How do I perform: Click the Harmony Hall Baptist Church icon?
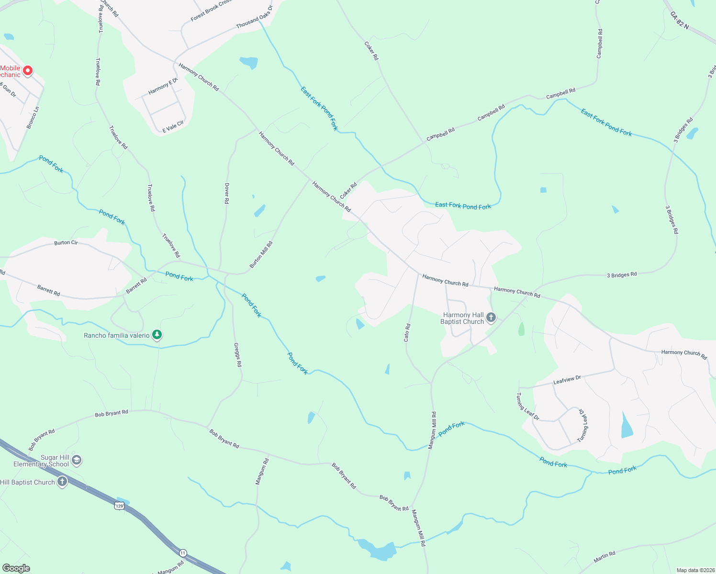tap(491, 317)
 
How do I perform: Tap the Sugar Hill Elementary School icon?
tap(77, 460)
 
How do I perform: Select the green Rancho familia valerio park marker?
tap(157, 335)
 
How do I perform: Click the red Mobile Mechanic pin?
tap(28, 71)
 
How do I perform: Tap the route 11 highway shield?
tap(183, 552)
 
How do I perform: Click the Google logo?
tap(15, 568)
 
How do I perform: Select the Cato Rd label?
tap(407, 332)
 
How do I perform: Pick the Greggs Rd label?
tap(237, 354)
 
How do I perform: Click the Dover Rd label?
tap(227, 193)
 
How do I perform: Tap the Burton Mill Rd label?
tap(261, 254)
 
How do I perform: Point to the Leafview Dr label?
tap(567, 380)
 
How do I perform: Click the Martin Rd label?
tap(604, 557)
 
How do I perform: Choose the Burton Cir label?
tap(66, 243)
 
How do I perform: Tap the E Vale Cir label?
tap(173, 127)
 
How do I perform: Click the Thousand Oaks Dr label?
tap(254, 17)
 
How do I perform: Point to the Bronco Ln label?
tap(33, 118)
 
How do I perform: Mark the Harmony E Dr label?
tap(163, 86)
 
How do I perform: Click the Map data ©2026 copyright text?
tap(694, 570)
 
